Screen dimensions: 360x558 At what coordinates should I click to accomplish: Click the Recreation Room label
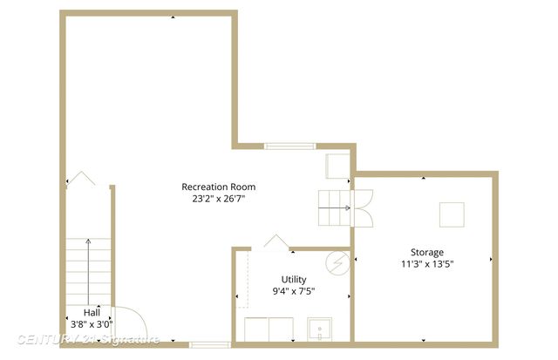(218, 187)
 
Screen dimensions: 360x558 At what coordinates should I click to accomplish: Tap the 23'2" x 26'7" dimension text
(218, 199)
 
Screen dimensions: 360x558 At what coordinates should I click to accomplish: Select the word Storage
(427, 252)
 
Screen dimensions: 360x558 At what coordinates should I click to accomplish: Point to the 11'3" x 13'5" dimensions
(427, 263)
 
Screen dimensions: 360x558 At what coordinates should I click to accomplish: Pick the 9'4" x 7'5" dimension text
(293, 292)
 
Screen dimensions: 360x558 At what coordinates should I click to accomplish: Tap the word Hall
(92, 312)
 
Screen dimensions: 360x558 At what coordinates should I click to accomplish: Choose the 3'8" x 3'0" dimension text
(92, 324)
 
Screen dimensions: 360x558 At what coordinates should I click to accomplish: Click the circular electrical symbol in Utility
(337, 262)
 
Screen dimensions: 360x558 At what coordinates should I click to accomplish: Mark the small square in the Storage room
(452, 214)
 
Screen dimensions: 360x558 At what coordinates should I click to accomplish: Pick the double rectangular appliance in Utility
(269, 330)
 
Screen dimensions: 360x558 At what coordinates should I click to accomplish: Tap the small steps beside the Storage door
(331, 207)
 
